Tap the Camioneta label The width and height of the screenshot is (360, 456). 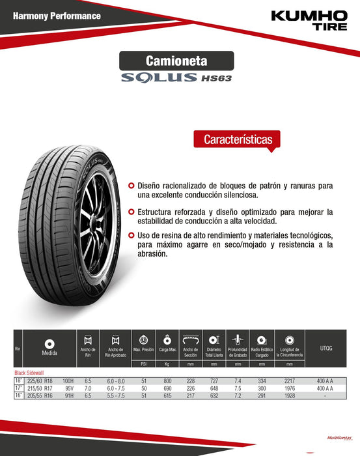point(177,61)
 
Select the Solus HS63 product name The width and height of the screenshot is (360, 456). point(177,78)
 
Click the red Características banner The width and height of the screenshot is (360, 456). point(237,139)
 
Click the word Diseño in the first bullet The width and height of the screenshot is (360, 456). point(151,186)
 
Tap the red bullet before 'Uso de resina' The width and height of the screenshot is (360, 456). point(132,235)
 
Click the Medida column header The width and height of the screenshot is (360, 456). point(49,352)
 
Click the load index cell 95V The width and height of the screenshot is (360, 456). point(68,388)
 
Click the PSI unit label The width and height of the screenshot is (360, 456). point(143,365)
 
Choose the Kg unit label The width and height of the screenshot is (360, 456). point(167,365)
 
